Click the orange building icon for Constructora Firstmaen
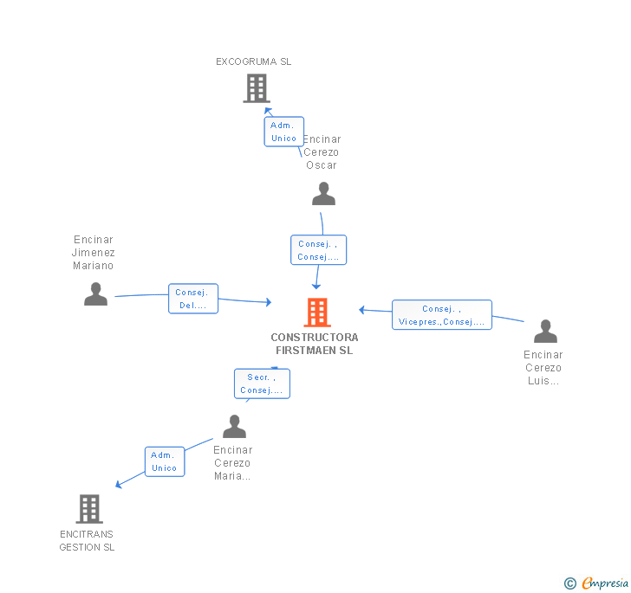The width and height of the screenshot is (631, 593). point(317,312)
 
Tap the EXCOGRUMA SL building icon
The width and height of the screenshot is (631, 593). point(257,88)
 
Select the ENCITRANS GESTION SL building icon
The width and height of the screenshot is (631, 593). point(89,508)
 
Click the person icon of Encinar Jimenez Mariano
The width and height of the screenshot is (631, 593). point(95,293)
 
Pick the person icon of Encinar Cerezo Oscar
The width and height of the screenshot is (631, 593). point(323,193)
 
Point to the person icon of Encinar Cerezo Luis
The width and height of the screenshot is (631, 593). point(545,331)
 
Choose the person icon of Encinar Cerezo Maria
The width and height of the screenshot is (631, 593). point(234,426)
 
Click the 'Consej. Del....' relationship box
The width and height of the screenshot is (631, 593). point(193,299)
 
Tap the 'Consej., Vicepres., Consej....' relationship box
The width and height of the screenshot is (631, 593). point(442,315)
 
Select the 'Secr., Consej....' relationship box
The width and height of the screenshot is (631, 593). point(262,384)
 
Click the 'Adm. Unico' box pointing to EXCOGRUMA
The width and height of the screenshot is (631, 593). point(283,132)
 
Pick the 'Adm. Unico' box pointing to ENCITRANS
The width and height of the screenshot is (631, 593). point(165,461)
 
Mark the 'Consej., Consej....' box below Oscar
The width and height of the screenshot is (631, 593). point(318,249)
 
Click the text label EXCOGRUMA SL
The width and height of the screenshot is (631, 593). point(253,61)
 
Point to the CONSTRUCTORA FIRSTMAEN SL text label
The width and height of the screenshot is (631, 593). point(315,344)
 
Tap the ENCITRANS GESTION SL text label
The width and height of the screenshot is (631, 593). point(87,541)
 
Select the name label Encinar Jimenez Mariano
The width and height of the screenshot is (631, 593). point(94,253)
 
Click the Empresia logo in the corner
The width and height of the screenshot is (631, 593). point(596,583)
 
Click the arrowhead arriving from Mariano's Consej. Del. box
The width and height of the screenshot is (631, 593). point(269,302)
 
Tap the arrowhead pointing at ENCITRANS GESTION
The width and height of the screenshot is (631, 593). point(118,485)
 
